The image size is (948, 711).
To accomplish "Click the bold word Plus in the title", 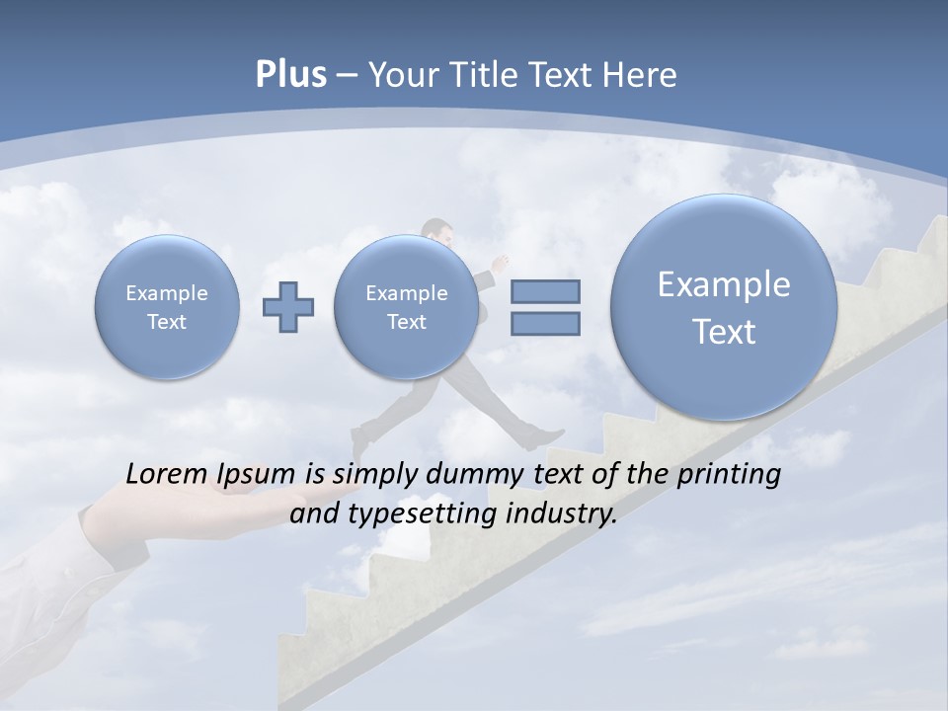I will pos(290,75).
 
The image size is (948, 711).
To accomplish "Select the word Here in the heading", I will pos(642,75).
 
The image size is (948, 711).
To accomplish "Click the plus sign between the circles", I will pos(287,306).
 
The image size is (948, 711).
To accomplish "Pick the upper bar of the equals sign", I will pos(545,291).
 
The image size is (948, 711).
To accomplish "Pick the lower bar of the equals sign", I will pos(545,324).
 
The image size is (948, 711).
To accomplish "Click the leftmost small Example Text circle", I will pos(167,307).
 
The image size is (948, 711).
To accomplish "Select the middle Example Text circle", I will pos(406,307).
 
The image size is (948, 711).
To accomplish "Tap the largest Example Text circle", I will pos(724,307).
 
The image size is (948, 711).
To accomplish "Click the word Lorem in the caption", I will pos(166,475).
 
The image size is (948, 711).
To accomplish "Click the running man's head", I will pos(437,233).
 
